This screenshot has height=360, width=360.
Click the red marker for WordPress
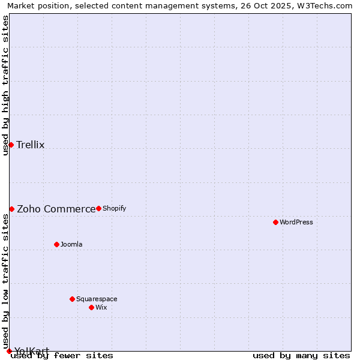click(275, 222)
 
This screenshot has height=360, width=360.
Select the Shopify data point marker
click(98, 208)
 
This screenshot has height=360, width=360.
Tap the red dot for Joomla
click(56, 244)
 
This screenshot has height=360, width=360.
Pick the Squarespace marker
click(72, 299)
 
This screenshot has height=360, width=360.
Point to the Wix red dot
click(91, 307)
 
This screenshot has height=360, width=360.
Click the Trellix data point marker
click(11, 145)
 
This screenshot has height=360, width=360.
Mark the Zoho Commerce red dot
click(11, 209)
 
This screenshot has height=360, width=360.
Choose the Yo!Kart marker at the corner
click(9, 351)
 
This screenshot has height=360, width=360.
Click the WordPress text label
click(296, 222)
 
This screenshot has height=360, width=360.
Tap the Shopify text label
click(114, 208)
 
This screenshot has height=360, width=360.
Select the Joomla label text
click(71, 244)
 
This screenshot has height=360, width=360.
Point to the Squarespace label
click(97, 299)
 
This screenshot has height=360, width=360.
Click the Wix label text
click(101, 307)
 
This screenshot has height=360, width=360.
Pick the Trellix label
click(31, 145)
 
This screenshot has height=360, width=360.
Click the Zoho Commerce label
click(56, 209)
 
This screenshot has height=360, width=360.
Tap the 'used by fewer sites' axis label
click(62, 355)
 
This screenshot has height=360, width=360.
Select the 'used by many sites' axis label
click(301, 355)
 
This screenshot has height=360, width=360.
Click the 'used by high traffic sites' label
click(5, 86)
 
